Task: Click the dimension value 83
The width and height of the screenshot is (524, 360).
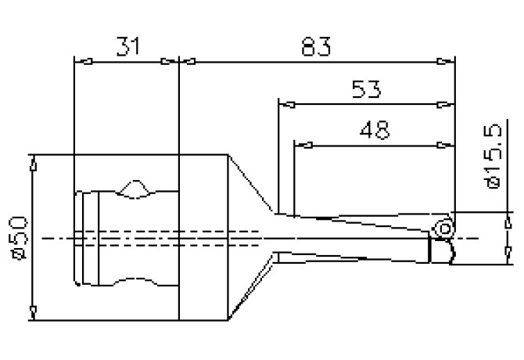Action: [314, 47]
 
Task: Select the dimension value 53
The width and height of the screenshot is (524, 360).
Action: [365, 89]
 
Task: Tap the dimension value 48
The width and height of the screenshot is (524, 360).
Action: [373, 129]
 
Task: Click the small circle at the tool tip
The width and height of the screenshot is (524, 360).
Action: [443, 229]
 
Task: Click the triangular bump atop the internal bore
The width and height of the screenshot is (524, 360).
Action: [135, 188]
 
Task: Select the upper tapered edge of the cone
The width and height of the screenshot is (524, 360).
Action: [251, 182]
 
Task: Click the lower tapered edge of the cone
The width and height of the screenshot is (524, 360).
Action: [250, 292]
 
